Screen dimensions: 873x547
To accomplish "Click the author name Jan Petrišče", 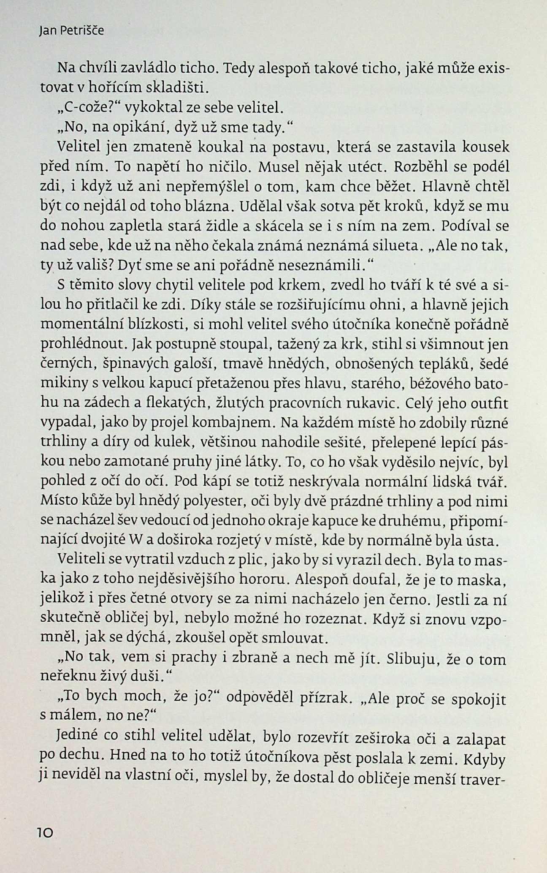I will click(x=70, y=31).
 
